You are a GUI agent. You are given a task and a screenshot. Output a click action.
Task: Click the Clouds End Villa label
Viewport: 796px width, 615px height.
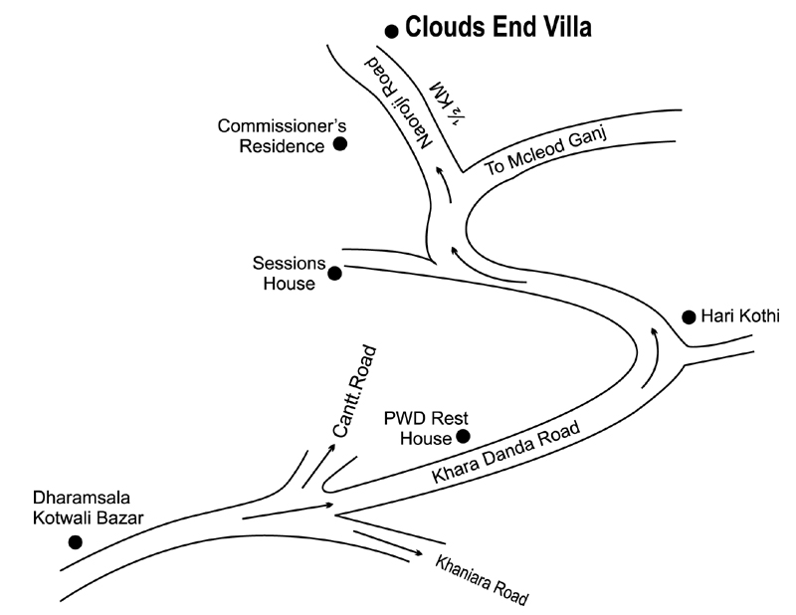tap(497, 28)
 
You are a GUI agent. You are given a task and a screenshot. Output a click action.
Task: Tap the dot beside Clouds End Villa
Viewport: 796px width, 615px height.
tap(392, 29)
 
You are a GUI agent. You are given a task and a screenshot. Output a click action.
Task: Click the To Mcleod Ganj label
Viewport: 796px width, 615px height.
tap(545, 152)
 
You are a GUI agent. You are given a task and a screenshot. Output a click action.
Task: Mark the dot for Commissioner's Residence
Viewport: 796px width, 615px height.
tap(339, 144)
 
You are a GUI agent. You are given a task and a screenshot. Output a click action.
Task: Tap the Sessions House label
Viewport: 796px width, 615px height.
tap(289, 274)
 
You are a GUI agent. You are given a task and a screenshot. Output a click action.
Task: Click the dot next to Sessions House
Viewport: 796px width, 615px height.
tap(334, 272)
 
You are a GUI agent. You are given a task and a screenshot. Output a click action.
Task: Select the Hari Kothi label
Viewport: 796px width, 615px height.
tap(739, 316)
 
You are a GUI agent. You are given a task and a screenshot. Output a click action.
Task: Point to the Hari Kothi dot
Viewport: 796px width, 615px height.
tap(688, 317)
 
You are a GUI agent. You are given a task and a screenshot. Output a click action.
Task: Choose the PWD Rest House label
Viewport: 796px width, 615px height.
tap(419, 427)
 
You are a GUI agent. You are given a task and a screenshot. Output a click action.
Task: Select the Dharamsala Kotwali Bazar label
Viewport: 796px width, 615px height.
tap(89, 508)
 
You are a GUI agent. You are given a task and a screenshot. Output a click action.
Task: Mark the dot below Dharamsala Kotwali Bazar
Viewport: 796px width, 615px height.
tap(74, 542)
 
